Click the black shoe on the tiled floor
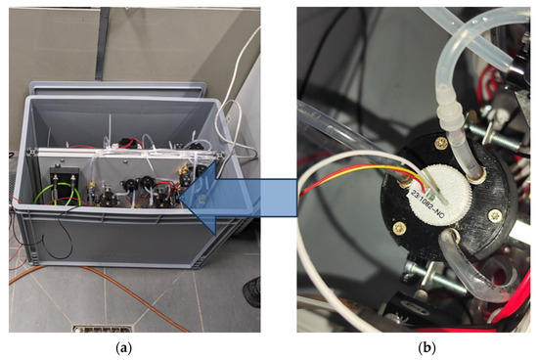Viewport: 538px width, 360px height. pyautogui.click(x=252, y=291)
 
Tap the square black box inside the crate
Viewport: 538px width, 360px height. pyautogui.click(x=63, y=186)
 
